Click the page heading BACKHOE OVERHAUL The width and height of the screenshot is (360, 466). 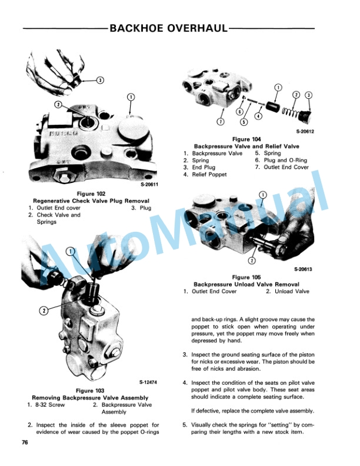click(168, 28)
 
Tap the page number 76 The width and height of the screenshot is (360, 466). click(25, 442)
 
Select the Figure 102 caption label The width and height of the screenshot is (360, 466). click(90, 194)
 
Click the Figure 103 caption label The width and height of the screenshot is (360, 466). click(90, 391)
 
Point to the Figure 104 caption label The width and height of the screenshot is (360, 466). click(246, 139)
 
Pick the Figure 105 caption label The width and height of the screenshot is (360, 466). click(246, 277)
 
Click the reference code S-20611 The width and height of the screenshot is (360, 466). click(151, 185)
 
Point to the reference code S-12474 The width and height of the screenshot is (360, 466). click(151, 381)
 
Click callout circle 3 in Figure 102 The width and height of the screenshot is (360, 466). click(99, 80)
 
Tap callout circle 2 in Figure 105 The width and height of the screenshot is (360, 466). click(252, 259)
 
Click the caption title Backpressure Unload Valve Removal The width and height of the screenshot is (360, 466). click(246, 284)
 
